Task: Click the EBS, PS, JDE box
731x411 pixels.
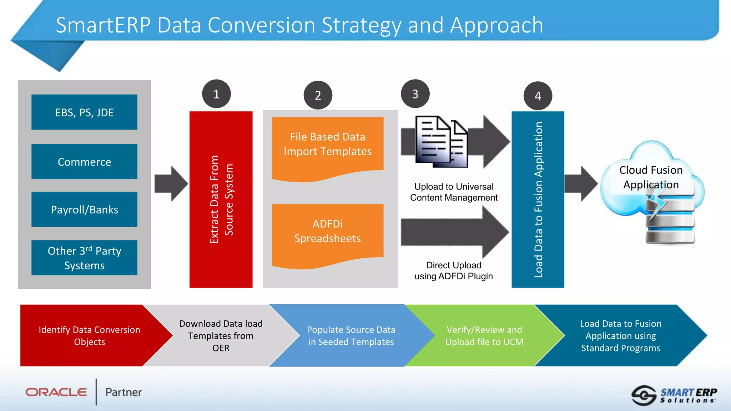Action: (x=84, y=112)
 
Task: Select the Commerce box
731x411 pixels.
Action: (x=84, y=162)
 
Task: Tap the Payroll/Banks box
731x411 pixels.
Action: (x=84, y=209)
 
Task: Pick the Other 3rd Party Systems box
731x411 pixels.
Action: (x=84, y=258)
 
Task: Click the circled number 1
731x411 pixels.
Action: (x=216, y=94)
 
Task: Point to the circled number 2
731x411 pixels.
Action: (x=318, y=95)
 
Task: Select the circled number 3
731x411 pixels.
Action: (x=415, y=94)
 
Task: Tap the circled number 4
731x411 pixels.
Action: (x=538, y=96)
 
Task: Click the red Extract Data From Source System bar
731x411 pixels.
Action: (x=221, y=199)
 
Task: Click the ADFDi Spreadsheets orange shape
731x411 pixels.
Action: (x=327, y=232)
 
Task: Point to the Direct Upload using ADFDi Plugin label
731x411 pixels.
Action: (x=453, y=270)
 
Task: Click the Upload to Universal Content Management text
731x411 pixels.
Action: (x=454, y=192)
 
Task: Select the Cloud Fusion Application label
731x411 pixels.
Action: (x=651, y=177)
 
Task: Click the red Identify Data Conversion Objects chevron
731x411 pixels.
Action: (x=89, y=335)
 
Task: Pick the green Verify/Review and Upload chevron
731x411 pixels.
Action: (x=484, y=335)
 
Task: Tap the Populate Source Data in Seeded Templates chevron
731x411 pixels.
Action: (x=351, y=335)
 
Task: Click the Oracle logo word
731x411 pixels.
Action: (x=56, y=392)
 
